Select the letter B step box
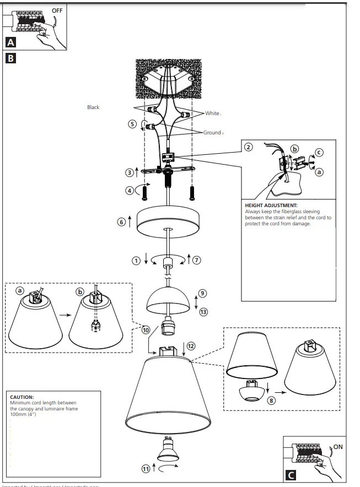coord(10,57)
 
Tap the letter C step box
coord(291,474)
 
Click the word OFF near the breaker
coord(57,10)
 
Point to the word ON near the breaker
coord(337,446)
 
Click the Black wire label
coord(93,107)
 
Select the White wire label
coord(212,113)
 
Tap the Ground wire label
coord(212,133)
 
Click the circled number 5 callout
coord(132,124)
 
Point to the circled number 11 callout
coord(146,469)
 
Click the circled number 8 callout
coord(271,401)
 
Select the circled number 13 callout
coord(203,312)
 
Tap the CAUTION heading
coord(22,397)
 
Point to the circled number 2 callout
coord(249,147)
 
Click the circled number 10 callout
coord(146,330)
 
